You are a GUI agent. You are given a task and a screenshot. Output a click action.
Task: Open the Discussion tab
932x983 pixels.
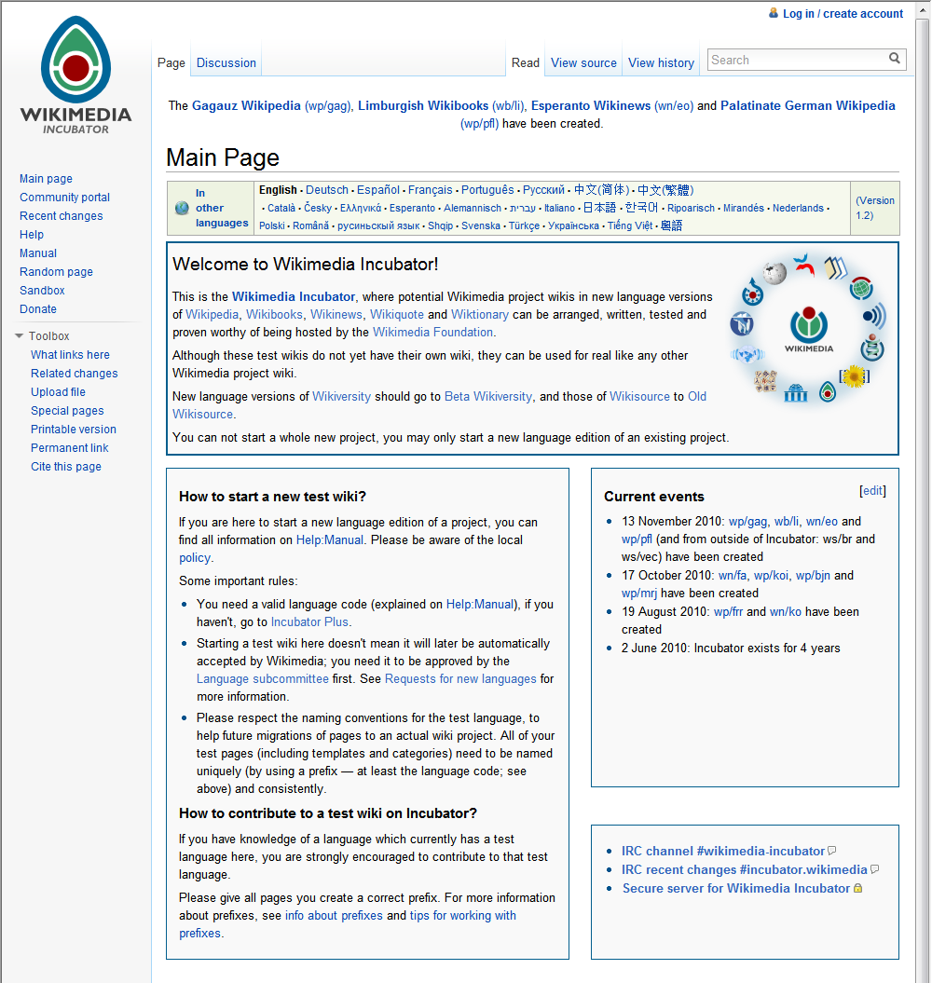click(226, 63)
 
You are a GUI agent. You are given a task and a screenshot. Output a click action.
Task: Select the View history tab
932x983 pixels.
click(661, 63)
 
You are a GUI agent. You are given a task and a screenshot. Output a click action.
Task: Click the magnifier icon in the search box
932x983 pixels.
click(895, 59)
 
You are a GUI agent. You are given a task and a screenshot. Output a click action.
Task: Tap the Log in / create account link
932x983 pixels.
click(843, 14)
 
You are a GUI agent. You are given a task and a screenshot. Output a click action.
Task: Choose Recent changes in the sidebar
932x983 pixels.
click(62, 216)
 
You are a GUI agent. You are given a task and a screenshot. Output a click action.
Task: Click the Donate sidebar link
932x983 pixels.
click(38, 309)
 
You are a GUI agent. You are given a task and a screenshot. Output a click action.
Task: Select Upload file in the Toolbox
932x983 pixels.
click(58, 392)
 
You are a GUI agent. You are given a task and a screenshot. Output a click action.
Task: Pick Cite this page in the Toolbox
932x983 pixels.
click(66, 467)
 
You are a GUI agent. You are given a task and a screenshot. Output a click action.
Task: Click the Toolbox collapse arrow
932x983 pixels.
click(20, 336)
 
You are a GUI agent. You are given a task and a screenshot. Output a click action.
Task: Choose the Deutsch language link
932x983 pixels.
click(327, 190)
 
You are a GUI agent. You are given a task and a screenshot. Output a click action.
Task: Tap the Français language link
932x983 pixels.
click(431, 190)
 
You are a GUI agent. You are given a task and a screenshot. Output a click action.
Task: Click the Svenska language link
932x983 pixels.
click(481, 225)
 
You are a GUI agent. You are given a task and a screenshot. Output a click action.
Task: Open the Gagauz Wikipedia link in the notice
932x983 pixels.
click(246, 106)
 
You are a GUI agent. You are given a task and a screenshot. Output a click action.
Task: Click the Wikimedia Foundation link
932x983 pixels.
click(433, 333)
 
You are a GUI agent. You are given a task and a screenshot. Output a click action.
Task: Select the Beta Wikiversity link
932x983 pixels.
click(488, 397)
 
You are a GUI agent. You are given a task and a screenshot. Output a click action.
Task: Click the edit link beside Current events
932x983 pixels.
click(872, 491)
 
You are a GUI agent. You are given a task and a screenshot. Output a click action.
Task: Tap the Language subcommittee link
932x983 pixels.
click(263, 679)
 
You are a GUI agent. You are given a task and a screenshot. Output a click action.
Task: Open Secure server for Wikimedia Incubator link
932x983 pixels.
click(736, 889)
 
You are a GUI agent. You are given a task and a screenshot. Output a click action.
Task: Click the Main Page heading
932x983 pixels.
click(223, 157)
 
